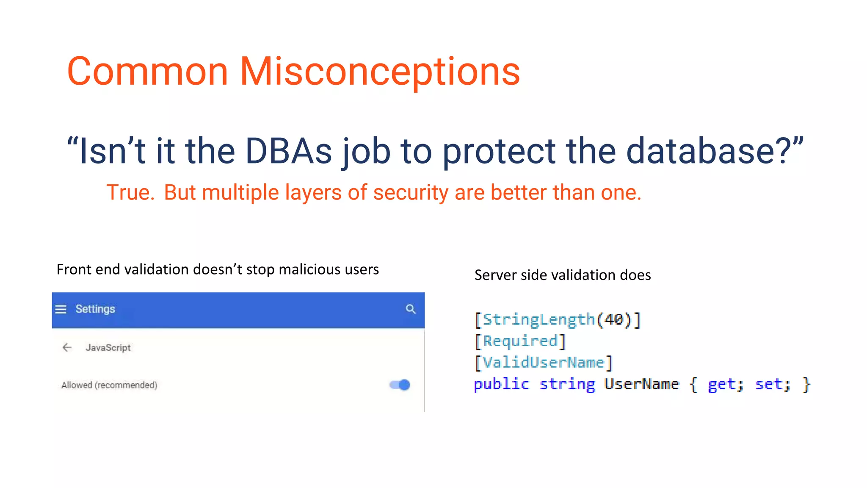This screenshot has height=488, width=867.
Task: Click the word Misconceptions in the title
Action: pos(380,72)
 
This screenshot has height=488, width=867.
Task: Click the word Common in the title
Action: pos(147,72)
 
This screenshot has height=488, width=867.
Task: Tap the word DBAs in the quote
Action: pos(288,151)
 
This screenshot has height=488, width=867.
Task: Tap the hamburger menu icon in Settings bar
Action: pos(61,309)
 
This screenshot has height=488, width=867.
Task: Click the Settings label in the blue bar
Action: pos(95,309)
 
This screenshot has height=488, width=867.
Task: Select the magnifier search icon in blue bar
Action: pos(411,309)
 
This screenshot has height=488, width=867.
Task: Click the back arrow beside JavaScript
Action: pos(67,348)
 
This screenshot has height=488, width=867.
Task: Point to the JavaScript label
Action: pos(108,348)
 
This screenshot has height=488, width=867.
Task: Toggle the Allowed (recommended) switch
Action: pos(400,385)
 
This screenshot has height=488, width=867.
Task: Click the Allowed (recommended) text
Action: pos(109,385)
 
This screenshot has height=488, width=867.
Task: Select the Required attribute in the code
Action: pos(520,341)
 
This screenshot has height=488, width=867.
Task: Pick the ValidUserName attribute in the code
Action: pos(544,363)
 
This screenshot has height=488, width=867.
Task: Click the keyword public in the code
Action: pos(501,384)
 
